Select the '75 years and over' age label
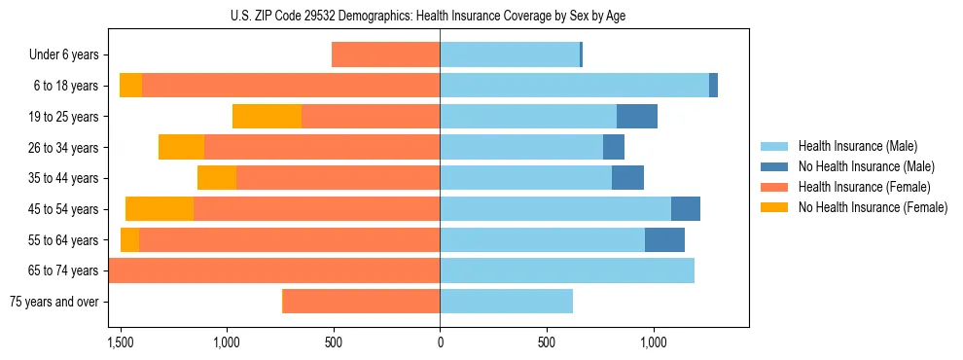pyautogui.click(x=54, y=302)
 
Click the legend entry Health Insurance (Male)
pyautogui.click(x=856, y=146)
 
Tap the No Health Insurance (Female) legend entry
pyautogui.click(x=873, y=207)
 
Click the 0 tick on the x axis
pyautogui.click(x=440, y=342)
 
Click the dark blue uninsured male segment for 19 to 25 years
pyautogui.click(x=637, y=117)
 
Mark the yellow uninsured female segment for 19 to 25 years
pyautogui.click(x=267, y=117)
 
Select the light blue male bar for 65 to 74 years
pyautogui.click(x=567, y=270)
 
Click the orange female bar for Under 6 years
pyautogui.click(x=385, y=55)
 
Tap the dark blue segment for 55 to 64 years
pyautogui.click(x=664, y=240)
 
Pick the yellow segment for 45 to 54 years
pyautogui.click(x=160, y=209)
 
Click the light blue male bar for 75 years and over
pyautogui.click(x=506, y=302)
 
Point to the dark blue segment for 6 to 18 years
pyautogui.click(x=713, y=86)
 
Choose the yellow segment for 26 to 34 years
pyautogui.click(x=181, y=148)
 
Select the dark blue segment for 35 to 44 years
pyautogui.click(x=627, y=178)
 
